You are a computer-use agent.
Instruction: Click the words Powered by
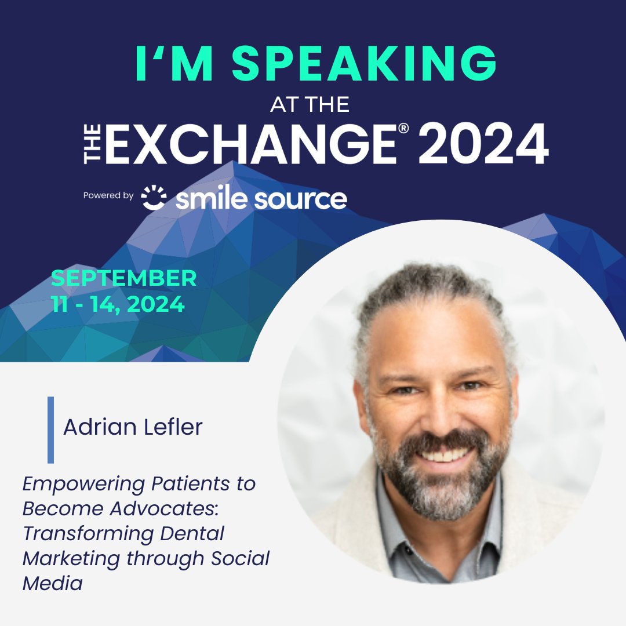[x=108, y=196]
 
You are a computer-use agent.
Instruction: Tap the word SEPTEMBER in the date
[x=124, y=279]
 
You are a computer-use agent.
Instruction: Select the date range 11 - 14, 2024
[x=118, y=304]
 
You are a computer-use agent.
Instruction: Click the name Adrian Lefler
[x=133, y=427]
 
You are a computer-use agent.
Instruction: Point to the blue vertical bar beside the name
[x=51, y=430]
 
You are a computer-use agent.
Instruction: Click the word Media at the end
[x=52, y=583]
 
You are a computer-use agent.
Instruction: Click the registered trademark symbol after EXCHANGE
[x=403, y=128]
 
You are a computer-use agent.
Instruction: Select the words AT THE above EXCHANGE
[x=310, y=104]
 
